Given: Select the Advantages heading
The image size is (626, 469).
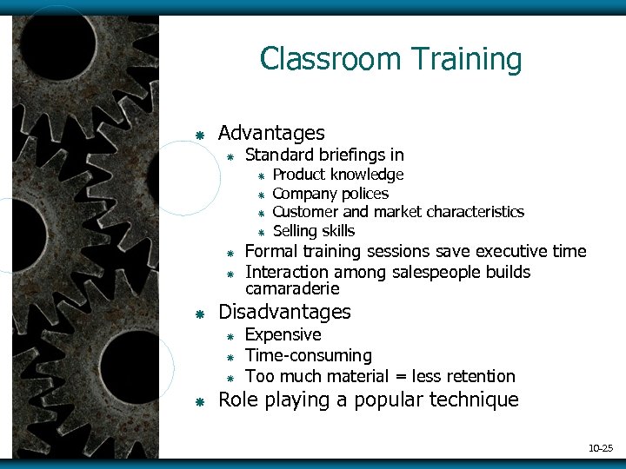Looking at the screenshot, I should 271,133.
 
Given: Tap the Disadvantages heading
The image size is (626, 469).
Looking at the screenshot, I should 284,312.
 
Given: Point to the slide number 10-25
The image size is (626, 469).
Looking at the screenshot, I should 601,448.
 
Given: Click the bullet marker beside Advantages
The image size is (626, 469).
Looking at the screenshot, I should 200,135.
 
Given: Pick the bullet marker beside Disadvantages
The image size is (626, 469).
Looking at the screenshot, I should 200,314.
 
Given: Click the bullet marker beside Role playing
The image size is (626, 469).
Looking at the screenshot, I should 200,402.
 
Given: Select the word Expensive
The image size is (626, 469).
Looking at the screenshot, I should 283,335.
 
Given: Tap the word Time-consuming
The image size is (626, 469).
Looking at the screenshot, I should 309,356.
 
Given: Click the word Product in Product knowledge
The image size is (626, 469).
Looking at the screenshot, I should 299,175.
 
